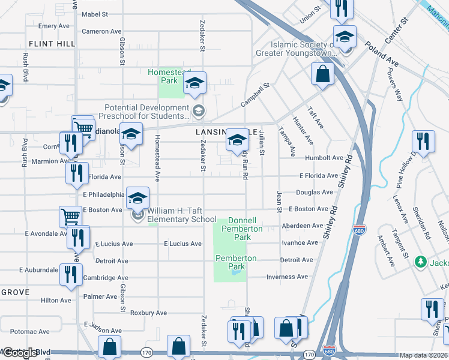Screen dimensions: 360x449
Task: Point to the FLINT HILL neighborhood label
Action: click(x=52, y=44)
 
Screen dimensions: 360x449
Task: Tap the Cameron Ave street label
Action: click(x=101, y=31)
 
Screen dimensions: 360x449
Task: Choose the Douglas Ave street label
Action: click(x=314, y=193)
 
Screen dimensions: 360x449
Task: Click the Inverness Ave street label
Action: click(x=287, y=277)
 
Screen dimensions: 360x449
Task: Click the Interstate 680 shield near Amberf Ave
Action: click(x=359, y=230)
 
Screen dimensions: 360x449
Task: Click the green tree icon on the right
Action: click(x=421, y=262)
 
